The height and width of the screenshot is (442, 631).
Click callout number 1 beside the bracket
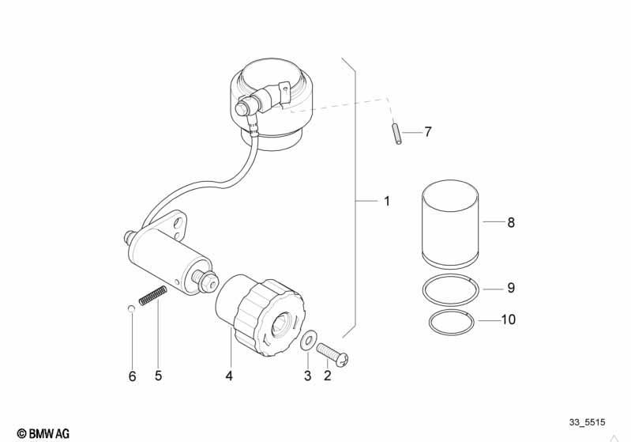click(x=387, y=201)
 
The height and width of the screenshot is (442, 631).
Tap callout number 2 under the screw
click(x=328, y=376)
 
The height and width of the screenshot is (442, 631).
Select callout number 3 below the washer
click(x=307, y=376)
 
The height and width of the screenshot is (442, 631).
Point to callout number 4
click(x=229, y=376)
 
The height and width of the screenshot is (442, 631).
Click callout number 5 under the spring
click(x=158, y=376)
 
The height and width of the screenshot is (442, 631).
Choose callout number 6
click(x=133, y=376)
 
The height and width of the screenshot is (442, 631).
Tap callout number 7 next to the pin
click(x=428, y=132)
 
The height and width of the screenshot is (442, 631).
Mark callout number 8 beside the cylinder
click(x=511, y=222)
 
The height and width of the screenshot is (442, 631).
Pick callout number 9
click(x=511, y=288)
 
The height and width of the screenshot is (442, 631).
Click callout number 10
click(x=509, y=319)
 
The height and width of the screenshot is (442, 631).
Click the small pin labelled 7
click(x=396, y=134)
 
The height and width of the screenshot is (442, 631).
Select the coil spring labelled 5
click(x=153, y=296)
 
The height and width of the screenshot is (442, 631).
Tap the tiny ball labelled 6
click(x=130, y=308)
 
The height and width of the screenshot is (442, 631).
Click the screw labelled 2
click(x=332, y=354)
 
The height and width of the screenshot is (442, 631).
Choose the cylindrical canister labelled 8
click(x=450, y=224)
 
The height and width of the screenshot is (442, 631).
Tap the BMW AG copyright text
click(x=43, y=433)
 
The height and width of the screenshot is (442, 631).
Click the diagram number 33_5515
click(x=587, y=422)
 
